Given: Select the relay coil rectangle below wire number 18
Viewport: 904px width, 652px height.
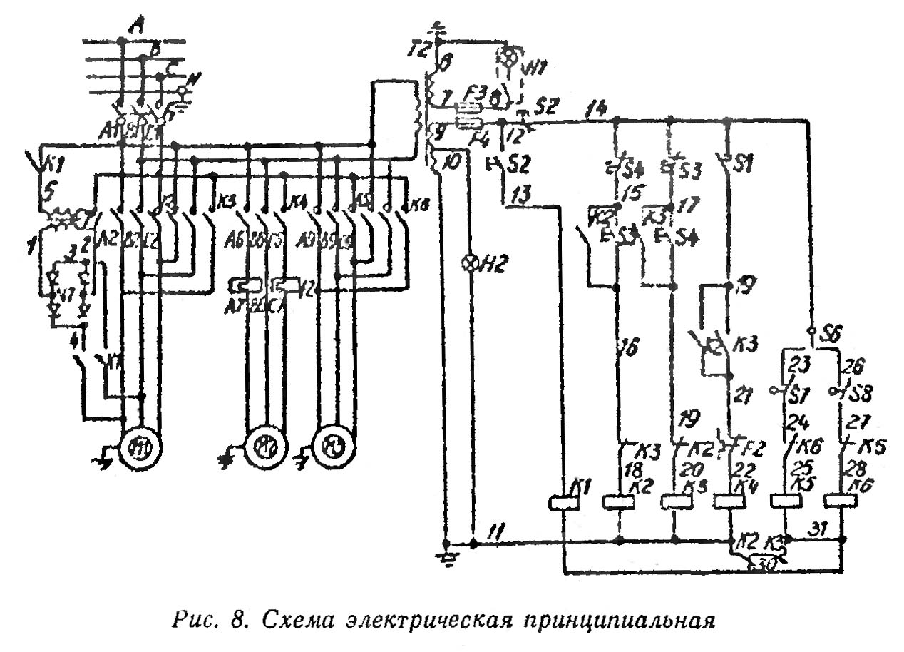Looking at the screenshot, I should coord(618,502).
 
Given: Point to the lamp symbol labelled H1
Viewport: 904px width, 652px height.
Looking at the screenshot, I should coord(508,56).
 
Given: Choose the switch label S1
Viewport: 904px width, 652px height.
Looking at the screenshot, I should coord(744,164).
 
